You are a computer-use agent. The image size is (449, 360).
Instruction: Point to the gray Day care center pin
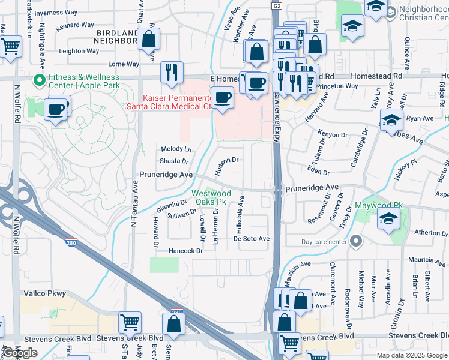coord(355,242)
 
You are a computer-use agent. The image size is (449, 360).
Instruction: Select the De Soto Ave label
coord(252,238)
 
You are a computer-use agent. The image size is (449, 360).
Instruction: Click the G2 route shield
coord(276,5)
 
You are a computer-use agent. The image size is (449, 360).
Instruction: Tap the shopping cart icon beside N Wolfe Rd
coord(10,46)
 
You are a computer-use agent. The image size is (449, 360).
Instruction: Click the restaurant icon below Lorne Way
coord(172,72)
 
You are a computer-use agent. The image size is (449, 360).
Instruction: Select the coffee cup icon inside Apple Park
coord(56,109)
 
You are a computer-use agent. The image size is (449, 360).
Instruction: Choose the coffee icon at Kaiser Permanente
coord(223,96)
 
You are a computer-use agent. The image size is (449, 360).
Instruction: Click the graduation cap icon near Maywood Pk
coord(388,218)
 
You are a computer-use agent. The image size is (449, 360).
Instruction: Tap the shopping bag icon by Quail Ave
coord(148,40)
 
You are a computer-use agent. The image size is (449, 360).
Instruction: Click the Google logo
coord(20,353)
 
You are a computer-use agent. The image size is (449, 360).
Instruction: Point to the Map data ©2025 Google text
coord(411,355)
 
